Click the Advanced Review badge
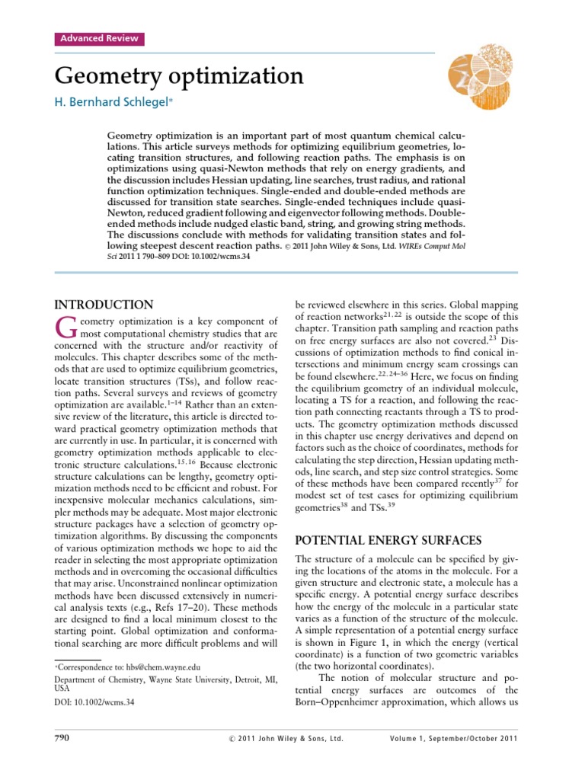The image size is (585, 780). click(x=97, y=39)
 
